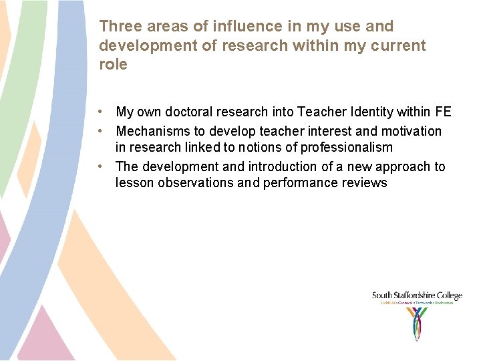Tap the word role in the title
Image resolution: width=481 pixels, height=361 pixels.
tap(113, 64)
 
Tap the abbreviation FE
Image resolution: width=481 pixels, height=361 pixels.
tap(442, 112)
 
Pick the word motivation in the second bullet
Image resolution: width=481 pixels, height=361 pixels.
tap(410, 131)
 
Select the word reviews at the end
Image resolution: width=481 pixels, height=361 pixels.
tap(365, 183)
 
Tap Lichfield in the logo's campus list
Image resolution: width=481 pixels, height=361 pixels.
tap(389, 303)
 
